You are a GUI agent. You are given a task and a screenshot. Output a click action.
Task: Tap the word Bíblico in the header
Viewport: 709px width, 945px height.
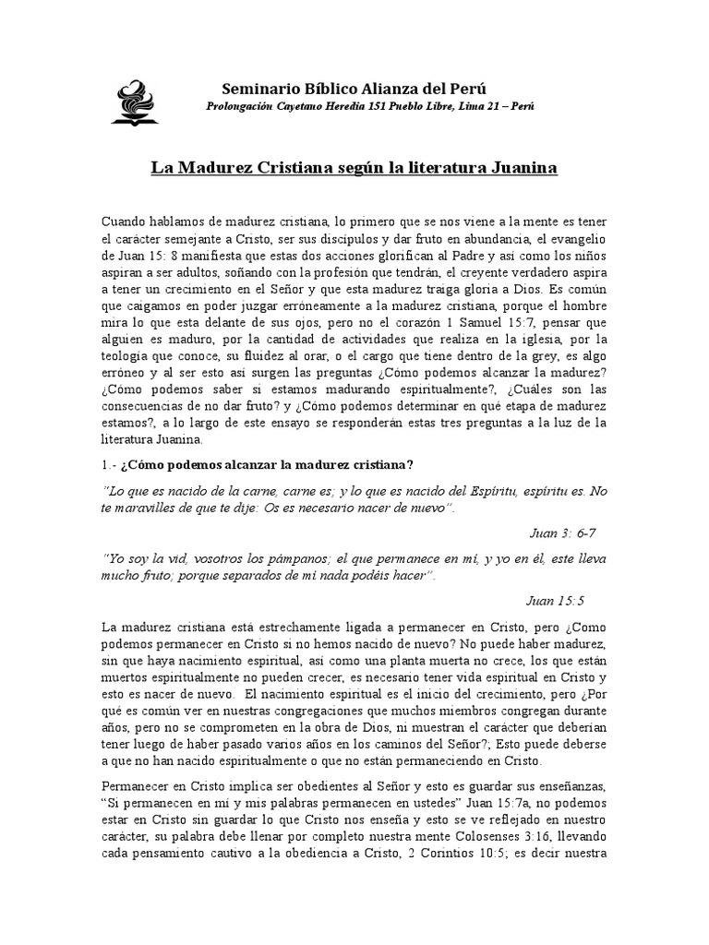331,89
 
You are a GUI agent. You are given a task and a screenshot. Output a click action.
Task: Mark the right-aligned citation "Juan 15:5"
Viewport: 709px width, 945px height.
555,602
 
